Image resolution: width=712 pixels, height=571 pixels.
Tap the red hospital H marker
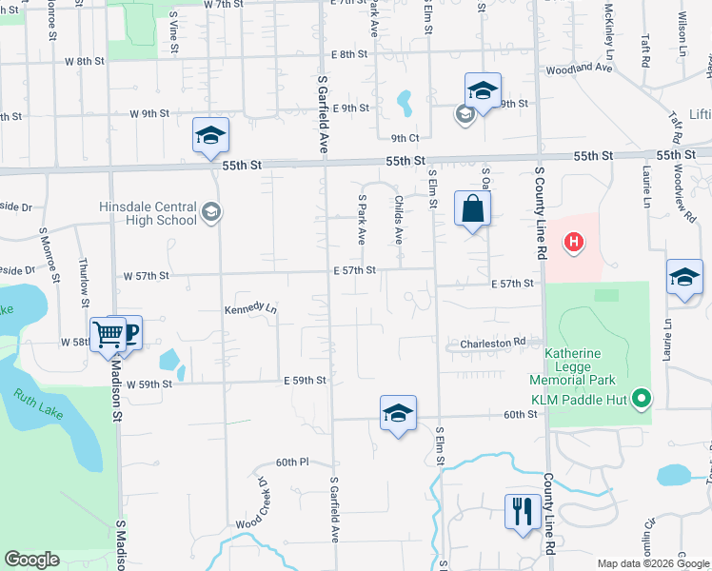tap(573, 243)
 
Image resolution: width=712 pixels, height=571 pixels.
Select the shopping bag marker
tap(472, 208)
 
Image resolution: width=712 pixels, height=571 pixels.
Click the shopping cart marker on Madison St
tap(108, 334)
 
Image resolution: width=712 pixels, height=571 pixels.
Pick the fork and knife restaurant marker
tap(522, 511)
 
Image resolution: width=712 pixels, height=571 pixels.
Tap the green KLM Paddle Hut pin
tap(642, 398)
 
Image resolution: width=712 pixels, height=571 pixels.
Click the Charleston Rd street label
tap(493, 342)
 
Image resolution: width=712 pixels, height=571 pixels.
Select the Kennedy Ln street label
tap(250, 309)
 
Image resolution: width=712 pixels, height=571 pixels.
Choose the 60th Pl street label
tap(292, 462)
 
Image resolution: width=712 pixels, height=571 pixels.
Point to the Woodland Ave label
tap(580, 69)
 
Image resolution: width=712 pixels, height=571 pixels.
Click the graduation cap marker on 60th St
tap(398, 413)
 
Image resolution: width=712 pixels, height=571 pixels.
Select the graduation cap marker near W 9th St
tap(210, 135)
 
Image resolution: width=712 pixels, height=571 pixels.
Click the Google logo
tap(31, 560)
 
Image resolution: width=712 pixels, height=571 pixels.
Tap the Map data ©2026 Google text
tap(652, 563)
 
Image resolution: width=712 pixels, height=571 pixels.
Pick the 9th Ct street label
tap(405, 138)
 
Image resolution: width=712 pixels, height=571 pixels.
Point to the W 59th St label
tap(147, 384)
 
